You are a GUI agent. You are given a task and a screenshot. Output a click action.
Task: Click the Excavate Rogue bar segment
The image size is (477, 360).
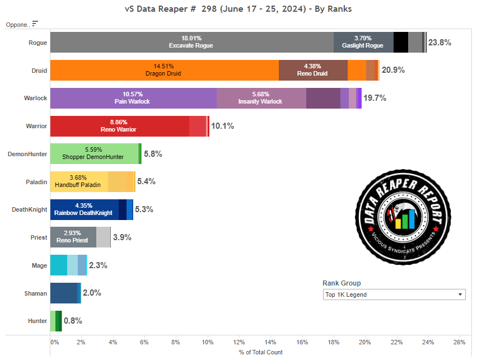coord(191,42)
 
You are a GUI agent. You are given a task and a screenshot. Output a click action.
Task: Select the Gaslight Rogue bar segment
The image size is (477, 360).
coord(363,42)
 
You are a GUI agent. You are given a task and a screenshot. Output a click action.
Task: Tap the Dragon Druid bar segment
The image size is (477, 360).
coord(164,70)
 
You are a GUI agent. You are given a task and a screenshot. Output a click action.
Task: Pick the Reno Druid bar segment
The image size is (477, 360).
coord(313,70)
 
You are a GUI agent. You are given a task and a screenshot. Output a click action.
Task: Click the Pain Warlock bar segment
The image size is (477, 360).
coord(133,98)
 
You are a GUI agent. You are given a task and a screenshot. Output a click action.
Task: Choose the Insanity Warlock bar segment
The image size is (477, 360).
coord(261,98)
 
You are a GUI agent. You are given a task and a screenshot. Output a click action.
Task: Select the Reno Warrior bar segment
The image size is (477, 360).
coord(119,126)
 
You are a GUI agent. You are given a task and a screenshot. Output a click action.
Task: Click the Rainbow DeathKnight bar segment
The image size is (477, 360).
coord(84,209)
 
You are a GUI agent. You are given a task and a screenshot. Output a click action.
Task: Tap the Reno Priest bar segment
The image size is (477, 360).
coord(73,237)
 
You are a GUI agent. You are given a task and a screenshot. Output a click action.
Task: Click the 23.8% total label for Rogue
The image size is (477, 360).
coord(439,43)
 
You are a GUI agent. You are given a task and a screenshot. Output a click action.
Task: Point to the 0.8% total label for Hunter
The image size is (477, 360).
coord(73,321)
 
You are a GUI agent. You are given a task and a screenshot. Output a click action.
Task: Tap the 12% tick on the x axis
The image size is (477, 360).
coord(239,342)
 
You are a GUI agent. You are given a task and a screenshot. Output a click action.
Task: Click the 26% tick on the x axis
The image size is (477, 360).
coord(459,342)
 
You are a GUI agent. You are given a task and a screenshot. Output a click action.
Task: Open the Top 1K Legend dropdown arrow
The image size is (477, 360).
coord(460,294)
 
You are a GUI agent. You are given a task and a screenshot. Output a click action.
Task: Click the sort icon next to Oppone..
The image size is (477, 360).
coord(35,24)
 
